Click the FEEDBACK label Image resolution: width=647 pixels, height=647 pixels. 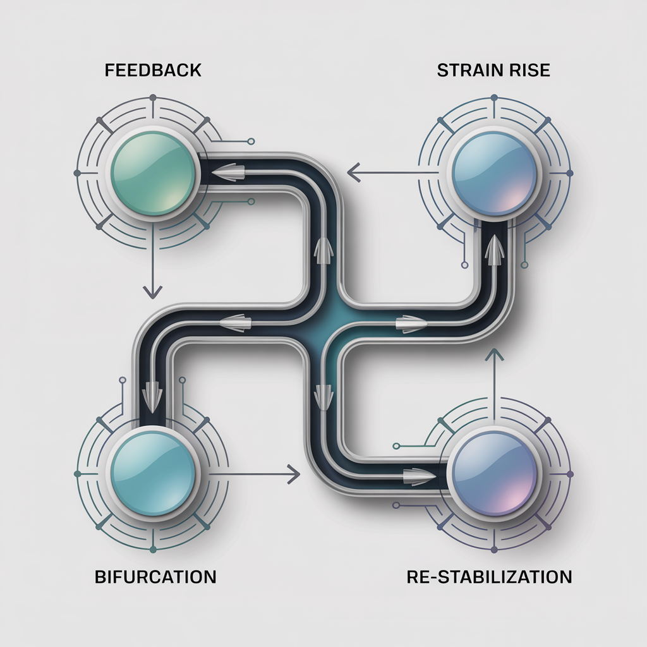[153, 70]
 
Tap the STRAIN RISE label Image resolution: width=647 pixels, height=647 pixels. [493, 70]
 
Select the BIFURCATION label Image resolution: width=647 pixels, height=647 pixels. [155, 577]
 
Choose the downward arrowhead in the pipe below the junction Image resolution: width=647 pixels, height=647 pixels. [323, 395]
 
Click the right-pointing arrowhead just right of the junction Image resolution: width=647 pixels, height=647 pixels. [408, 323]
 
